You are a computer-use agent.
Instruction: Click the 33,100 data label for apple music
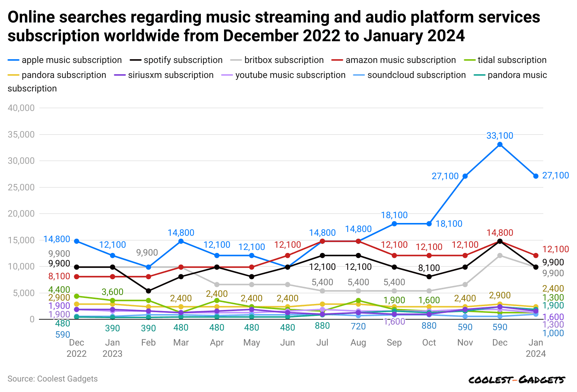click(500, 136)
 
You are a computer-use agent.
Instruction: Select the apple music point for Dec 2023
click(500, 145)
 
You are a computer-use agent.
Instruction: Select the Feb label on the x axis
click(148, 343)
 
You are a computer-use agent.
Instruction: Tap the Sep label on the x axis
click(394, 343)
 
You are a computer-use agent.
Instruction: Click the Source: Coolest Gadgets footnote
click(52, 379)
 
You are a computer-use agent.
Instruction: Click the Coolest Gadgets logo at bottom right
click(517, 380)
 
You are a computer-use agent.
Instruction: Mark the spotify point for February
click(148, 291)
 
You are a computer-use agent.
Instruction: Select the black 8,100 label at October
click(429, 268)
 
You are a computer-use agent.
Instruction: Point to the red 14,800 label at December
click(500, 233)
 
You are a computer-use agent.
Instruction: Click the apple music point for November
click(465, 176)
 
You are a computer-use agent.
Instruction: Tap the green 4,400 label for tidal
click(59, 290)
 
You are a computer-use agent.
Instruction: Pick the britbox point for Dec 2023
click(500, 256)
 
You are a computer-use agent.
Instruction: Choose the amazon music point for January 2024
click(536, 256)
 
